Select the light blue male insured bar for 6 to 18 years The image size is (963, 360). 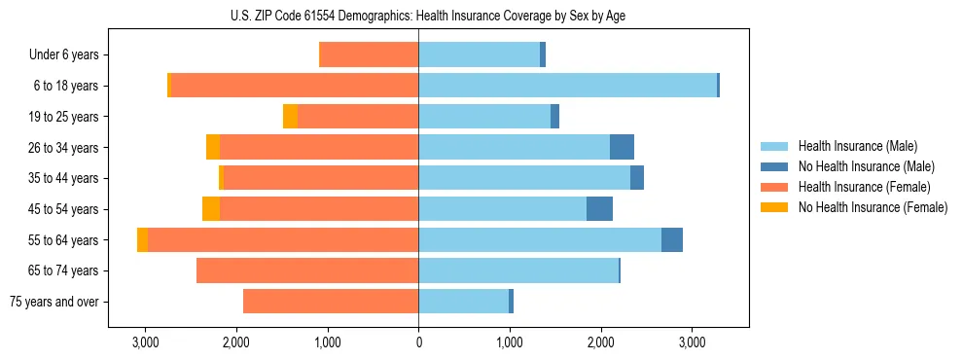[567, 86]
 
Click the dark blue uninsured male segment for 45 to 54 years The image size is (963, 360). [599, 209]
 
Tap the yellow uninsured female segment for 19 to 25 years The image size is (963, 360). [290, 117]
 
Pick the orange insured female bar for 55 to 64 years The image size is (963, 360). [283, 240]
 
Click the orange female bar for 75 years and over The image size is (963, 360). [331, 302]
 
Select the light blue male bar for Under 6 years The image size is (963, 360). [479, 54]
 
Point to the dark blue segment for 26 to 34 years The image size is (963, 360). [622, 147]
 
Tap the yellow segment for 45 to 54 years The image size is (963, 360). [211, 209]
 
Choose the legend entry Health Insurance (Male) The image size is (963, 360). [856, 146]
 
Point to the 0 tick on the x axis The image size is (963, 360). [418, 342]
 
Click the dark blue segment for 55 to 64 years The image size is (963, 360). [671, 240]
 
